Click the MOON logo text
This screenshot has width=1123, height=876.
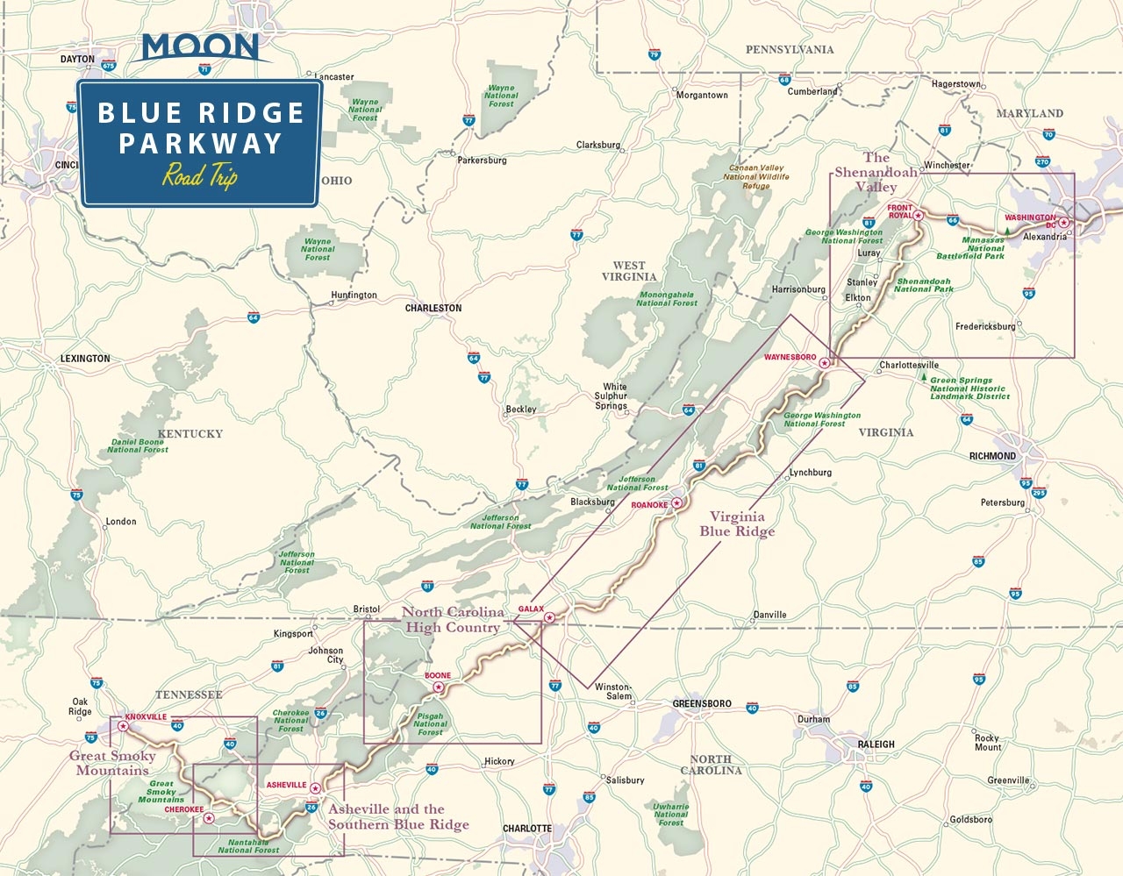tap(200, 47)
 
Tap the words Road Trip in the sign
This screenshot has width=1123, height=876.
tap(200, 175)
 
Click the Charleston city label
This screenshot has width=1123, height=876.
tap(433, 309)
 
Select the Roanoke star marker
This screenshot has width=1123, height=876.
tap(677, 503)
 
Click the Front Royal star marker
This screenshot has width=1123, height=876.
tap(919, 215)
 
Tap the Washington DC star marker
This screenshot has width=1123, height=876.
tap(1063, 223)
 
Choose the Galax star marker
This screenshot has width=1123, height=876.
tap(549, 618)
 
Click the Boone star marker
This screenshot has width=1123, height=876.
tap(439, 687)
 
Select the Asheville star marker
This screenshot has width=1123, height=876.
tap(315, 787)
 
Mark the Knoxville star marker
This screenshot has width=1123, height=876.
tap(123, 726)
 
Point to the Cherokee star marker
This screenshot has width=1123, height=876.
tap(208, 818)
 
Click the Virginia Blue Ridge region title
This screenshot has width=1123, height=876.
tap(737, 523)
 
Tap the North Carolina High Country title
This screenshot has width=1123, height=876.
tap(453, 619)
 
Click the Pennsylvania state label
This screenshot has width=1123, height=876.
tap(789, 50)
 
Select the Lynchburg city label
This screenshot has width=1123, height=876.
tap(810, 473)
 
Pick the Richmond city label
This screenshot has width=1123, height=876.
tap(992, 456)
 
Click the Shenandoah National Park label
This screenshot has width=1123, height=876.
tap(923, 285)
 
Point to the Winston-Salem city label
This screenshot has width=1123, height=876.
tap(612, 691)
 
